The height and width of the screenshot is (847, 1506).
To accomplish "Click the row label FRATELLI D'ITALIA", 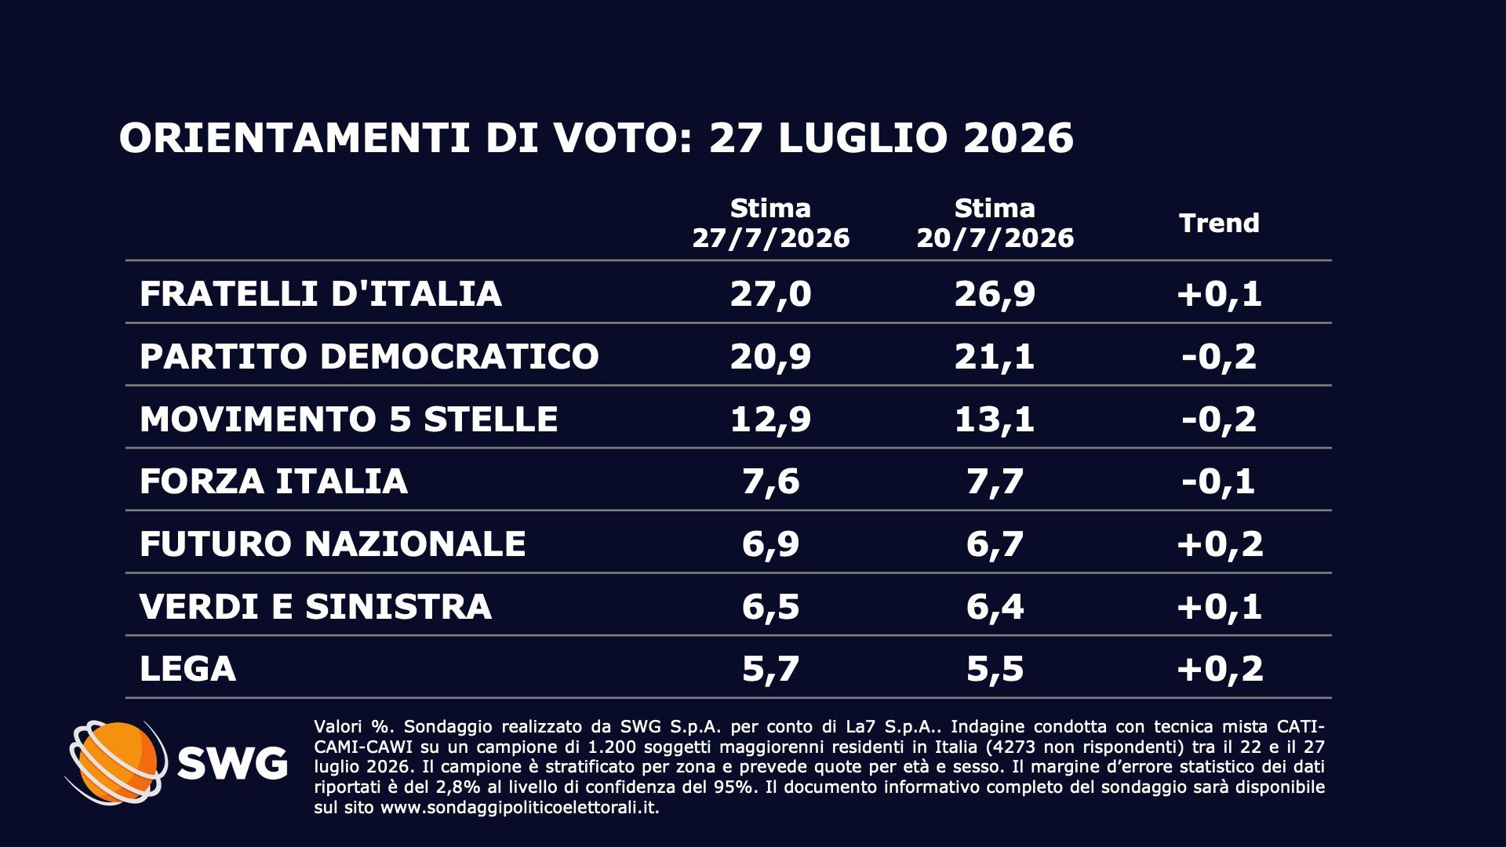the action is click(320, 293).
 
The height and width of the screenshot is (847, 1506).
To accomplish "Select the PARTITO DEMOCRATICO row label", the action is click(369, 356).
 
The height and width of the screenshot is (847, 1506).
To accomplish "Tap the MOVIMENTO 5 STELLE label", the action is click(349, 419).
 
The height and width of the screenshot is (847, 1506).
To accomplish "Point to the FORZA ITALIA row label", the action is click(274, 481).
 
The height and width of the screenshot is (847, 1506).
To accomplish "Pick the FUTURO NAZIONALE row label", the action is click(333, 543).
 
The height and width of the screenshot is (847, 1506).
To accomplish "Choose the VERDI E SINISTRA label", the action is click(315, 606).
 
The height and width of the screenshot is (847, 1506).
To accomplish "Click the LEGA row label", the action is click(187, 669).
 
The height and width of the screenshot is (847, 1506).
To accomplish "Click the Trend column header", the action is click(1220, 224).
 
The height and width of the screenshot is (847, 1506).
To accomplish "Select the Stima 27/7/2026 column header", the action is click(770, 224).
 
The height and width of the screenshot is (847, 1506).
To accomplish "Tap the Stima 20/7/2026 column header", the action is click(995, 224).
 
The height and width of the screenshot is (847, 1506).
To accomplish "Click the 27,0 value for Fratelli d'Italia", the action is click(770, 294).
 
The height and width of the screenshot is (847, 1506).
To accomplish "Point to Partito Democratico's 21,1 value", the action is click(995, 357).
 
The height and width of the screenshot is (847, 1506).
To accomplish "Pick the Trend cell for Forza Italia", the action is click(1220, 482).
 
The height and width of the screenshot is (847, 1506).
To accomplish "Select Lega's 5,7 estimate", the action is click(770, 669).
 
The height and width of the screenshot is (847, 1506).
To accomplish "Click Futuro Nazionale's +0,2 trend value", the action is click(1220, 544).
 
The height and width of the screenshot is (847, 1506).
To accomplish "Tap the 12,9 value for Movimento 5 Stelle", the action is click(770, 420).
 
